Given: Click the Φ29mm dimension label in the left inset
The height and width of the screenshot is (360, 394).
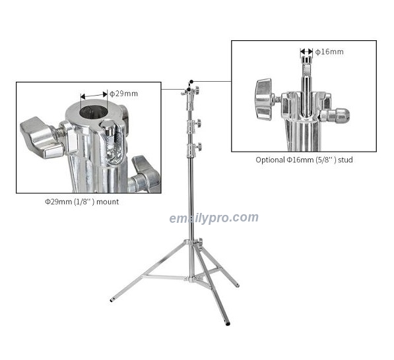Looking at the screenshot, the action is coord(123,94).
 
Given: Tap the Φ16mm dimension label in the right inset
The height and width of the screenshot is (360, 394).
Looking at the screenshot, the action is coord(329,51).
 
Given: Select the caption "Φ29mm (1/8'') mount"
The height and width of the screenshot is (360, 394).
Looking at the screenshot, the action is coord(82,202).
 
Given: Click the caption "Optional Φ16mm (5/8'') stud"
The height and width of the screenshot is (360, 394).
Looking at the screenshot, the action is coord(304,160).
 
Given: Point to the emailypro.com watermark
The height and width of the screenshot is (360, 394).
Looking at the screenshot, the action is coord(214,218).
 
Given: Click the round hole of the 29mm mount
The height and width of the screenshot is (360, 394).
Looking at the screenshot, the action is coord(94,113).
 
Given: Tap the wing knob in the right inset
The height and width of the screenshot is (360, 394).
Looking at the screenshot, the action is coord(264,100).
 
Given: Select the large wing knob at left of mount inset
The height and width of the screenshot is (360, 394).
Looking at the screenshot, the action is coord(42,137).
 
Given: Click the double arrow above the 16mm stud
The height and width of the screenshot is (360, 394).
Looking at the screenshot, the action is coord(307,51).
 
